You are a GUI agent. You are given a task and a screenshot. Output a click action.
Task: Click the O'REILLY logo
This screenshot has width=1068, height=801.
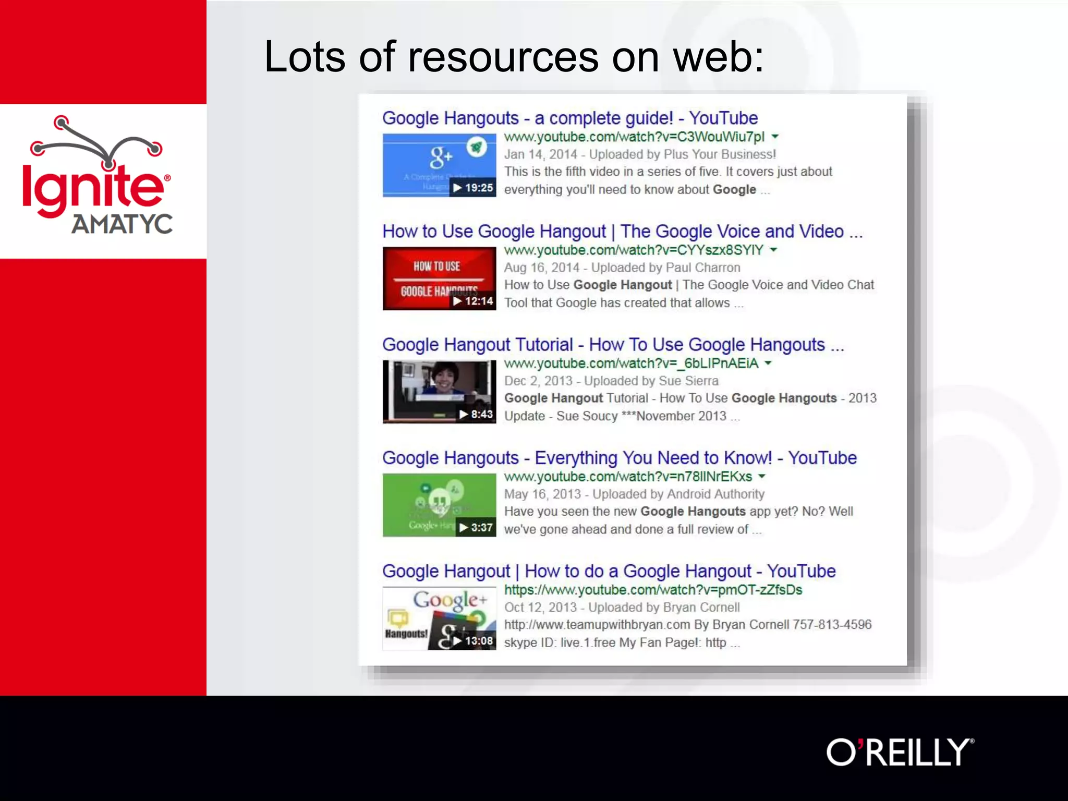[900, 752]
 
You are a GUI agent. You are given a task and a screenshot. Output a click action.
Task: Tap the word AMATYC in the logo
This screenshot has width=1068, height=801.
[122, 224]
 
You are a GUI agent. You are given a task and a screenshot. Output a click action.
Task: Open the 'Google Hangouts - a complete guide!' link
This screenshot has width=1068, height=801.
[569, 118]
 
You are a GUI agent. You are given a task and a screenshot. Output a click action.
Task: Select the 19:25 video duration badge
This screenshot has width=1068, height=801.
[473, 188]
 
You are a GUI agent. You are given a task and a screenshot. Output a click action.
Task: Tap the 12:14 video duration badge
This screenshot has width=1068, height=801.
[473, 301]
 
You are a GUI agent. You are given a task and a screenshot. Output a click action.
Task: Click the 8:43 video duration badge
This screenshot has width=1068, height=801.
[476, 414]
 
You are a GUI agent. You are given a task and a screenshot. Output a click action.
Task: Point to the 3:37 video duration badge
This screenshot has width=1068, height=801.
[476, 527]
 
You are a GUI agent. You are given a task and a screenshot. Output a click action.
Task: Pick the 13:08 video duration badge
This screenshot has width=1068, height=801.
[473, 640]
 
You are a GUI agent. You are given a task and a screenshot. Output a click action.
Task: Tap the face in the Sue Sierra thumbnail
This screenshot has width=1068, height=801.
[445, 377]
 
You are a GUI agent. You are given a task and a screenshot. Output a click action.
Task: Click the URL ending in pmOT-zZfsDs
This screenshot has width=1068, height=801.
[653, 590]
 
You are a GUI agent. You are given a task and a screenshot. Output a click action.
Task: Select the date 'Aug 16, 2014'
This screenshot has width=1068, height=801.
[541, 268]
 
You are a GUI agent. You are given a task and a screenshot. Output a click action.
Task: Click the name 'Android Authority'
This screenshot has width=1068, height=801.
[715, 494]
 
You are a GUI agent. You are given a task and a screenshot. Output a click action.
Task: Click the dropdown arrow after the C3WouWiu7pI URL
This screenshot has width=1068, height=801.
[775, 137]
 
